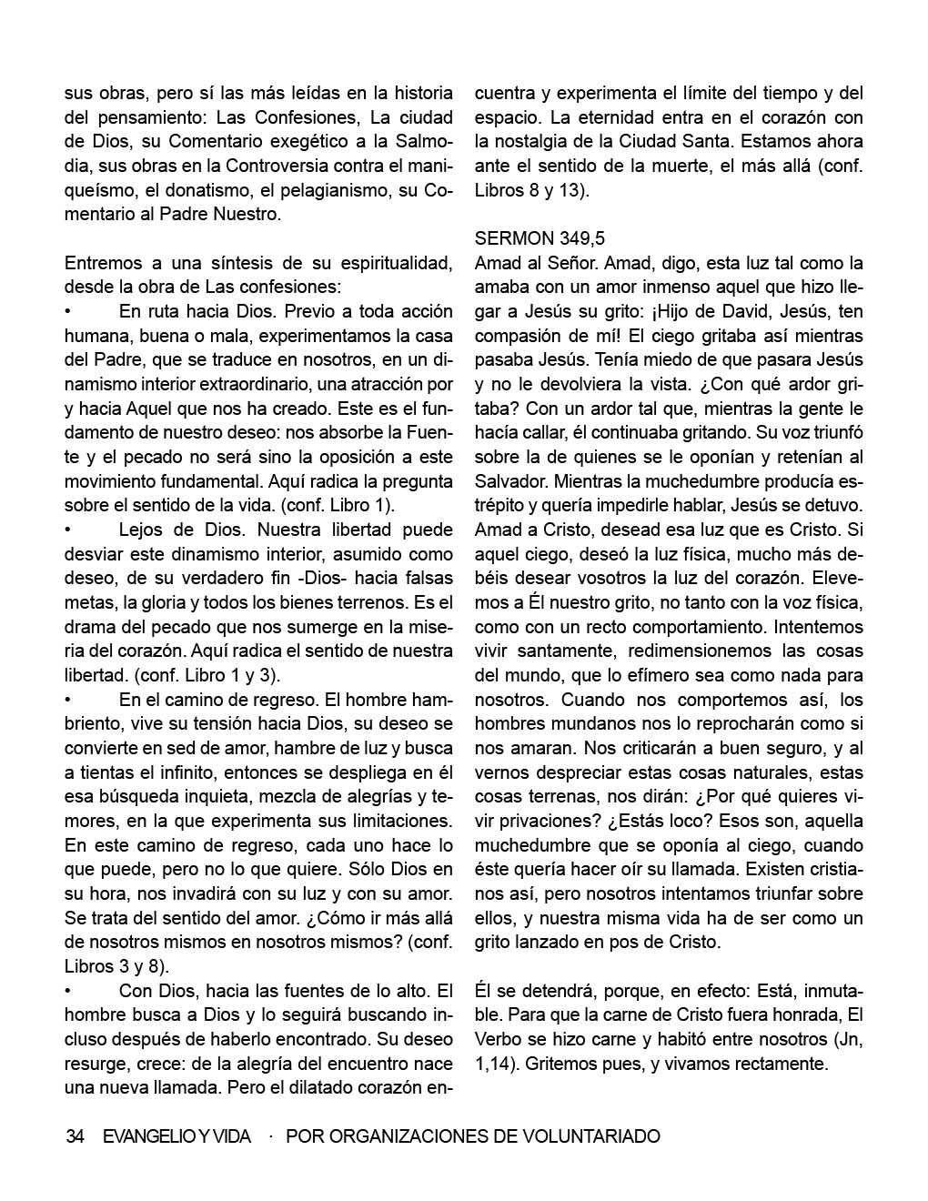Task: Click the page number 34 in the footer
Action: [76, 1136]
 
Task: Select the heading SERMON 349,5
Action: [540, 238]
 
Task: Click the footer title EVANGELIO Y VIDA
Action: [177, 1136]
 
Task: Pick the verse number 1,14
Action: [496, 1064]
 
